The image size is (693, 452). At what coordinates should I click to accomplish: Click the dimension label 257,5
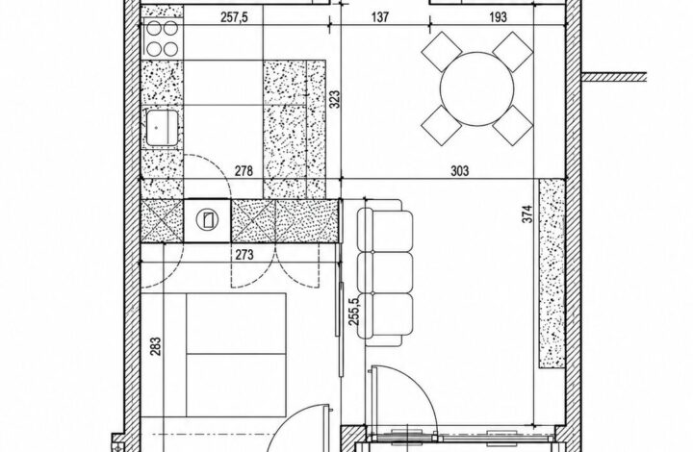point(234,17)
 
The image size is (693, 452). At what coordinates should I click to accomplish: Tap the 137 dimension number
point(380,17)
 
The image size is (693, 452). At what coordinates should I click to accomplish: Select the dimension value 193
point(499,17)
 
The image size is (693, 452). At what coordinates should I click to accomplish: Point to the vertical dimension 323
point(335,100)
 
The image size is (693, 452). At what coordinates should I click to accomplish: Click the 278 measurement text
point(244,171)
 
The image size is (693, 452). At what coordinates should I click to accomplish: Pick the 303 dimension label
point(460,171)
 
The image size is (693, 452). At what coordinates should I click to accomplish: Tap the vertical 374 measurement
point(527,213)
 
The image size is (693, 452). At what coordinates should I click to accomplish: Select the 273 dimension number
point(244,255)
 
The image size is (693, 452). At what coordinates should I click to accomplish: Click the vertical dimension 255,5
point(354,312)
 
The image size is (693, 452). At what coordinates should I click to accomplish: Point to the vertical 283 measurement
point(155,346)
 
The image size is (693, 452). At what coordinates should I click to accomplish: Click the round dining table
point(476,88)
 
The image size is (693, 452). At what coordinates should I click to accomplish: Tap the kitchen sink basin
point(163,128)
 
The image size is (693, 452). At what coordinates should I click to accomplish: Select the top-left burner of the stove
point(154,29)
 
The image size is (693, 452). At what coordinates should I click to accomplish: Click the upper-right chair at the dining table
point(513,52)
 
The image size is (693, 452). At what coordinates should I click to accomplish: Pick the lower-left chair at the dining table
point(442,125)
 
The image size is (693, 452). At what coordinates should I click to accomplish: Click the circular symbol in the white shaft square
point(207,220)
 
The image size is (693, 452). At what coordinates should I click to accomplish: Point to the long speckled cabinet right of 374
point(552,273)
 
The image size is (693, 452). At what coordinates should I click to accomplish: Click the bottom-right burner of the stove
point(170,48)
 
